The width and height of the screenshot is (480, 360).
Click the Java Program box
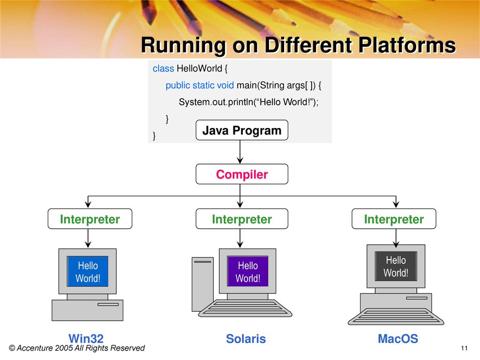click(242, 130)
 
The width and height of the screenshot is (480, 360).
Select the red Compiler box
click(242, 174)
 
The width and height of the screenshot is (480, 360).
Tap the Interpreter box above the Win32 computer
click(90, 219)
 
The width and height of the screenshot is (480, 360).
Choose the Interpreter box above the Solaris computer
click(242, 219)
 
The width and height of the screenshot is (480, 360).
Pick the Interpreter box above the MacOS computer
click(394, 219)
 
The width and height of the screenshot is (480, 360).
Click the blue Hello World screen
click(88, 271)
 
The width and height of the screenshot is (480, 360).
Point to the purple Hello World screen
click(247, 271)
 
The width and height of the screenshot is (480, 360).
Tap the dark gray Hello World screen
click(396, 266)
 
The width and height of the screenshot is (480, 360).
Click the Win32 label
click(86, 338)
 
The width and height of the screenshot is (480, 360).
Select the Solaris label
click(246, 338)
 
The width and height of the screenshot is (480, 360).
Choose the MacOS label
click(398, 338)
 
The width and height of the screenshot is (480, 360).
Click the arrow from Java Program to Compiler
click(240, 152)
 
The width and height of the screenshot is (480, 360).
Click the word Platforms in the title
click(407, 45)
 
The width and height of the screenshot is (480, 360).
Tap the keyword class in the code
click(163, 68)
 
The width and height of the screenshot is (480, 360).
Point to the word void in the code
click(225, 85)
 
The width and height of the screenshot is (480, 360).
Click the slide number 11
click(464, 348)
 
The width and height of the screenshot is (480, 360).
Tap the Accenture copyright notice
click(77, 348)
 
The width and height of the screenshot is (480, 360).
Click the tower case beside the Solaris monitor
click(202, 285)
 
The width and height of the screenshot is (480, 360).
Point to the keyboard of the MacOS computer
click(396, 316)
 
